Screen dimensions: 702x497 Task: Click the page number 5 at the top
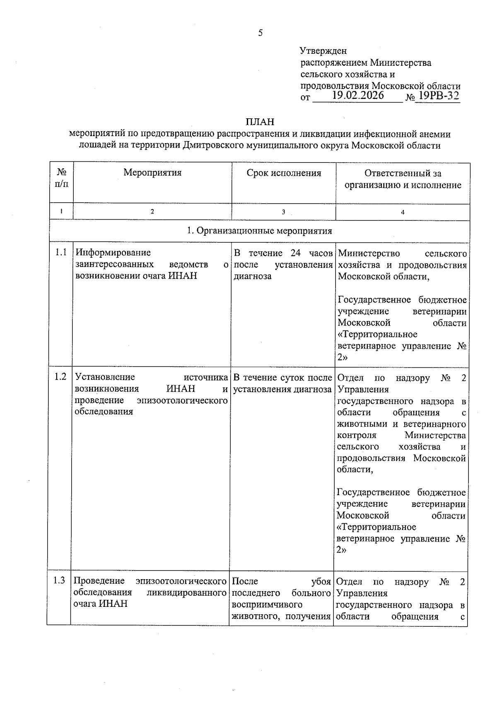(260, 33)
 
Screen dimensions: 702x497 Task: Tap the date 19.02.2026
(358, 96)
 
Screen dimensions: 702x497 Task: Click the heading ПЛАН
(260, 122)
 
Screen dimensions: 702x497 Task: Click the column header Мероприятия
(152, 173)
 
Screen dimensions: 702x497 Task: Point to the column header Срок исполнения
(284, 173)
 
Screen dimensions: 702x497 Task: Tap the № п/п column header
(61, 178)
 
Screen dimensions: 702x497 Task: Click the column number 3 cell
(284, 212)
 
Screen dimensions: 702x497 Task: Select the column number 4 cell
(403, 212)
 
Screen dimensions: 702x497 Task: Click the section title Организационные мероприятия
(264, 231)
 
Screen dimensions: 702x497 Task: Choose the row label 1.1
(61, 253)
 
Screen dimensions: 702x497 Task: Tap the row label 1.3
(59, 581)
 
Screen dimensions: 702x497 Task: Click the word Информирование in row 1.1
(113, 253)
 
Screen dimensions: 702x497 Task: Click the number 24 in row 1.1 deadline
(295, 253)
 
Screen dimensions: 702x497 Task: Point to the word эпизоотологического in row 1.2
(182, 400)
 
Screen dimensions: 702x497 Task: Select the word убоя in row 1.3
(321, 582)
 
